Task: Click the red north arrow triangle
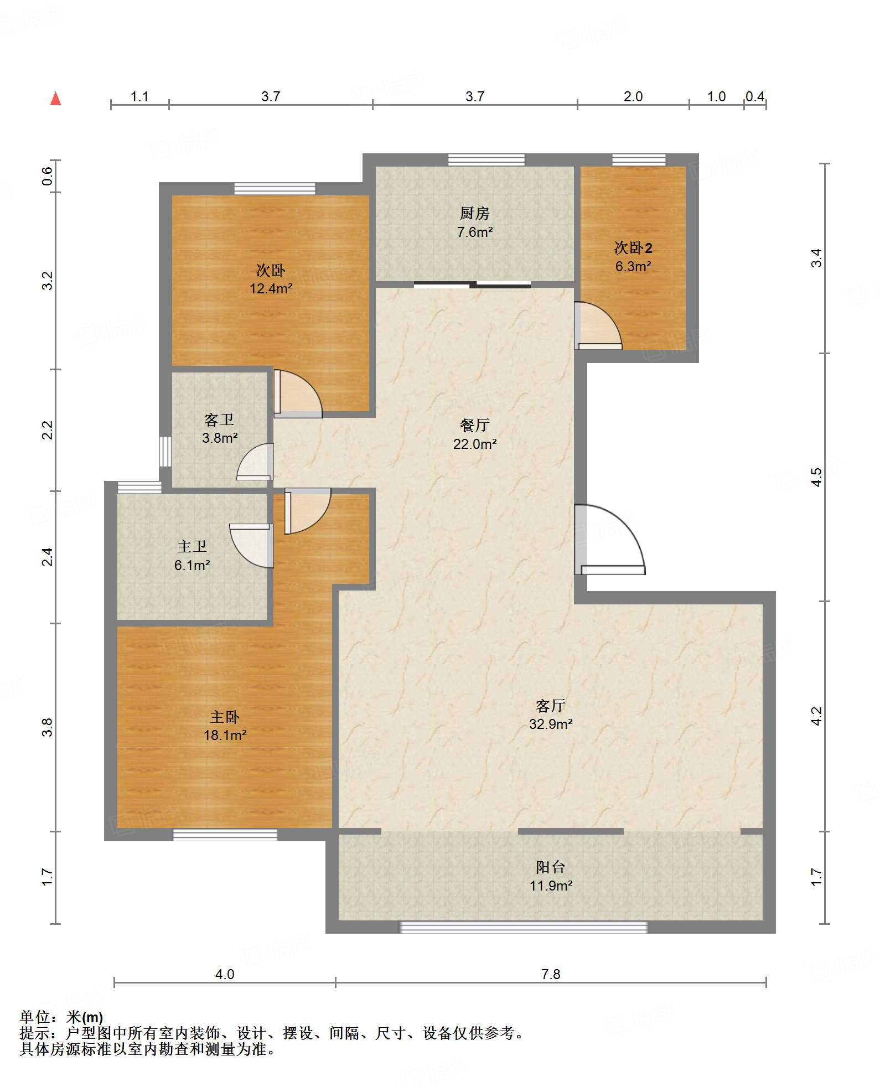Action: (55, 99)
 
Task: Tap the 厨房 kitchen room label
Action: (474, 213)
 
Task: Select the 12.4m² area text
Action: (271, 288)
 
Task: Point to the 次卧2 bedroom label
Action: (633, 247)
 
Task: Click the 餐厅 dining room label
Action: (474, 425)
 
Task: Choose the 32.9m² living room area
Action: (551, 724)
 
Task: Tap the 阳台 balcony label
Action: (550, 867)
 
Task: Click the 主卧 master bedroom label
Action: (225, 717)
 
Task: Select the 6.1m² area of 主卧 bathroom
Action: (192, 565)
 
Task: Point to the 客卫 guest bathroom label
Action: (219, 420)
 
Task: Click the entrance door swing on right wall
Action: (609, 540)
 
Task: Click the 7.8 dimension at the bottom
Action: (551, 974)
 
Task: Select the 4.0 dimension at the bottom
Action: (225, 974)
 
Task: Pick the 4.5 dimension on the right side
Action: (816, 477)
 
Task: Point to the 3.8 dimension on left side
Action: (48, 727)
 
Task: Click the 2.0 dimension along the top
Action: (633, 96)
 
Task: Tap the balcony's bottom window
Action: (524, 927)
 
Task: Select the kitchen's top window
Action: (486, 160)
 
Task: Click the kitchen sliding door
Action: (473, 285)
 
